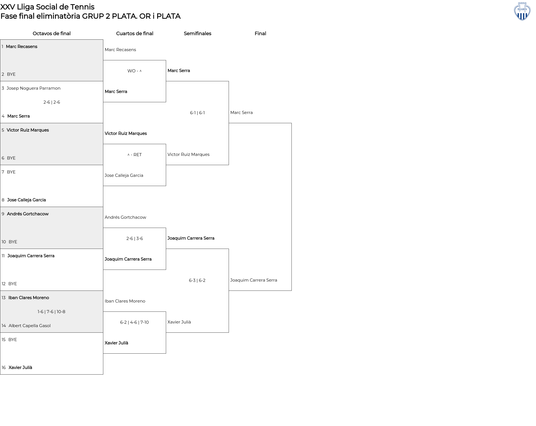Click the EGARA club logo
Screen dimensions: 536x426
[x=522, y=11]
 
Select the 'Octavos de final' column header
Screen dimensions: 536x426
[x=52, y=34]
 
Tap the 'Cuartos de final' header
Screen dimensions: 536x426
[x=135, y=34]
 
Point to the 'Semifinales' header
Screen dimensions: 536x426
[x=197, y=34]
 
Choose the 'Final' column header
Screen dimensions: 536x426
[x=260, y=34]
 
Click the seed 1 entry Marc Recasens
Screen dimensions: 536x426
[x=21, y=46]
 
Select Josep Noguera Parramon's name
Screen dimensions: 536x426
[x=33, y=88]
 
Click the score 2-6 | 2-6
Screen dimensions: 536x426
[x=52, y=102]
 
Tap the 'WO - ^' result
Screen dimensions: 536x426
[x=135, y=71]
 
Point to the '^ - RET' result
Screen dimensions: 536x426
[x=135, y=155]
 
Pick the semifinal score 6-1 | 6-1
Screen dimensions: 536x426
[x=197, y=113]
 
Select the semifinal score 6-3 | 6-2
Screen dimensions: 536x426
[x=197, y=280]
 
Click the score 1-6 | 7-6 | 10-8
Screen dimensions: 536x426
[x=51, y=312]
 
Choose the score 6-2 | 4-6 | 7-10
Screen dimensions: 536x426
[x=134, y=322]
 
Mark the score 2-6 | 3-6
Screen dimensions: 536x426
[x=135, y=239]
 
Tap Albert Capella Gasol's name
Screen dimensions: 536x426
[x=30, y=326]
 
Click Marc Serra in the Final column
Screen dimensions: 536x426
[x=241, y=113]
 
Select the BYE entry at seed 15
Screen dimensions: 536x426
[x=13, y=340]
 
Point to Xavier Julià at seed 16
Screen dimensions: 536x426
[x=20, y=368]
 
